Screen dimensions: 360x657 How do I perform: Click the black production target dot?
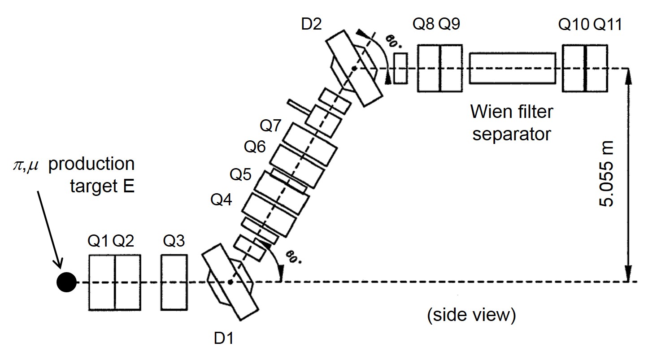(x=66, y=282)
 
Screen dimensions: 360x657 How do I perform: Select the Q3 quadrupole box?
(x=174, y=282)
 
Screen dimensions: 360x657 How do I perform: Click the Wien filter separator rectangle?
(x=513, y=68)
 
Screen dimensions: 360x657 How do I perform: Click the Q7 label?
(x=270, y=126)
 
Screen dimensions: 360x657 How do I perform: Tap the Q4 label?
(x=221, y=200)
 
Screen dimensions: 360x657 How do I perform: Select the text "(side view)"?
(x=471, y=315)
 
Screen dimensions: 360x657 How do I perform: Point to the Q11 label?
(x=608, y=25)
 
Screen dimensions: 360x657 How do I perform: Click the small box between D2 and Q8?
(x=400, y=68)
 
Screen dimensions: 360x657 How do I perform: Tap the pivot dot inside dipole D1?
(x=230, y=282)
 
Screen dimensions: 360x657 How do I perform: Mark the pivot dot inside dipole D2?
(x=354, y=68)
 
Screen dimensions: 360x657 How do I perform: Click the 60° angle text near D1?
(x=291, y=258)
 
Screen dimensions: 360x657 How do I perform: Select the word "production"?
(x=91, y=164)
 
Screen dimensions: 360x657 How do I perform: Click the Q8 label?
(x=423, y=25)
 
